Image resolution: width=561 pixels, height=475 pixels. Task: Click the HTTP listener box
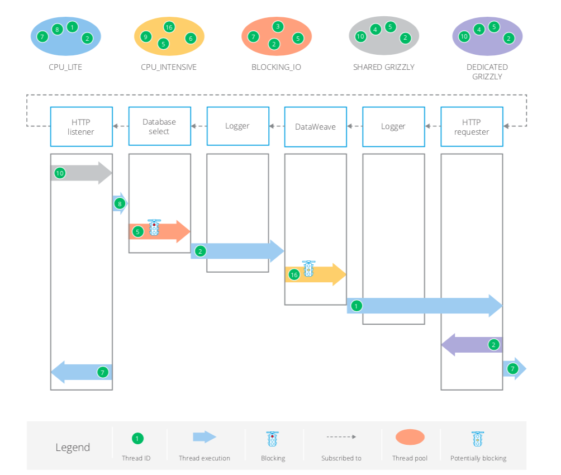[81, 126]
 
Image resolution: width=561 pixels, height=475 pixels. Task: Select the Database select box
[159, 126]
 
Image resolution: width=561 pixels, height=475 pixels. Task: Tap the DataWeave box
[315, 127]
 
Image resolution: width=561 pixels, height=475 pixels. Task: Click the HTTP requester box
[472, 127]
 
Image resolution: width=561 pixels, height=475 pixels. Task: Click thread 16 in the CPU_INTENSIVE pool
[169, 27]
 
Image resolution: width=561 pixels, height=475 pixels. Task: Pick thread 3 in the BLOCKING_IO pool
[278, 26]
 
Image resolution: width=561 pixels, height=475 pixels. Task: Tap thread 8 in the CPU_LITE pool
[56, 29]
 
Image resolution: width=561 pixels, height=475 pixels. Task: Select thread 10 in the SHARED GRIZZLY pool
[360, 36]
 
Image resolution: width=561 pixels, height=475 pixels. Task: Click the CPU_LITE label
[65, 67]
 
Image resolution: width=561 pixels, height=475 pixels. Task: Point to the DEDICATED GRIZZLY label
[487, 72]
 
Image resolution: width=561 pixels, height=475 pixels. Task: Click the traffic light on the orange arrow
[154, 227]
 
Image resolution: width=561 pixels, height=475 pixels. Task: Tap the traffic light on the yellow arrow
[308, 269]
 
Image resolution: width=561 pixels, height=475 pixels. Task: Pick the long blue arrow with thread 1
[425, 306]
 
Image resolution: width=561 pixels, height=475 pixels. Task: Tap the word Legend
[72, 448]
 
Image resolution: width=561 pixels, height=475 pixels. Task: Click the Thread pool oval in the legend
[410, 437]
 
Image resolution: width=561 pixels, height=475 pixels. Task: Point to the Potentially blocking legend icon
[478, 439]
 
